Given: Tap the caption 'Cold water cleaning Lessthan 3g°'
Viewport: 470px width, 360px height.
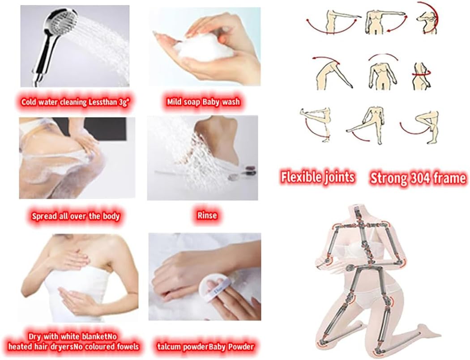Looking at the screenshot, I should coord(75,102).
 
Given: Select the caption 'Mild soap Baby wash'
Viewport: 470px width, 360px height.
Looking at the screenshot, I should coord(204,102).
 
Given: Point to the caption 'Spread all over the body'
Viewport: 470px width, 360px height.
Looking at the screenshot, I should coord(76,216).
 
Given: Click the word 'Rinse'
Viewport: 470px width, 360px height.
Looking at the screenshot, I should coord(207,216).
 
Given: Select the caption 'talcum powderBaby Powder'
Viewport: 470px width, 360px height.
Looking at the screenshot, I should coord(205,346).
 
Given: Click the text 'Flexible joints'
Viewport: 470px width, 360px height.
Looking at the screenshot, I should coord(317,178).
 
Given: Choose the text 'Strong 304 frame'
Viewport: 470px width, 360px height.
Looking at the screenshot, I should coord(418,178).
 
